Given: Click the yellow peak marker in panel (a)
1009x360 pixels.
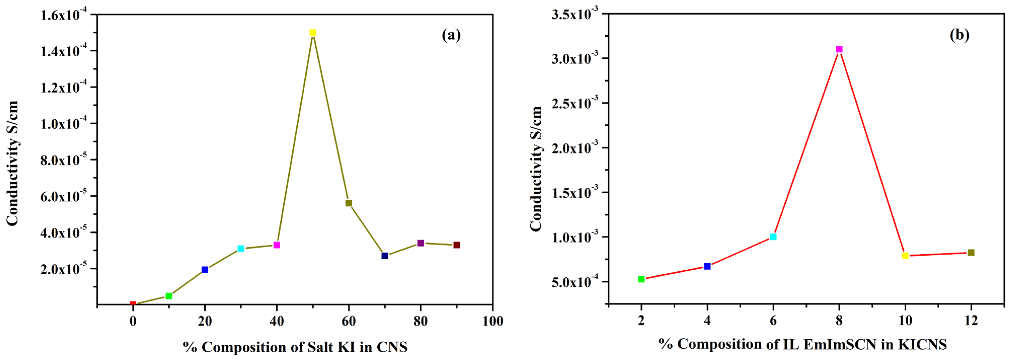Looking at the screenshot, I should pyautogui.click(x=313, y=32).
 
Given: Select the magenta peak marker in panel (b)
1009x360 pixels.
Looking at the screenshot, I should pyautogui.click(x=839, y=49).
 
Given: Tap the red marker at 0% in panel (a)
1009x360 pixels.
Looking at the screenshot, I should pyautogui.click(x=133, y=304).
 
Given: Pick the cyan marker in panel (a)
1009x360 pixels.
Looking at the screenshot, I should pyautogui.click(x=241, y=249).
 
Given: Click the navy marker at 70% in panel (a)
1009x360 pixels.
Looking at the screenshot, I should pyautogui.click(x=385, y=256).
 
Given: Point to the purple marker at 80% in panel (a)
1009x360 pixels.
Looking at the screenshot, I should pyautogui.click(x=421, y=243).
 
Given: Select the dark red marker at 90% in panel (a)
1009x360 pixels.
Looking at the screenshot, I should pyautogui.click(x=456, y=245).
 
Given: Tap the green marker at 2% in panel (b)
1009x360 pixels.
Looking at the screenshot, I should pyautogui.click(x=641, y=279).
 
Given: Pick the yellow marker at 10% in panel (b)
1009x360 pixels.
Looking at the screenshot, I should pyautogui.click(x=905, y=256).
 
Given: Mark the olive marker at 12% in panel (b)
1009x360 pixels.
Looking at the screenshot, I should pyautogui.click(x=971, y=253).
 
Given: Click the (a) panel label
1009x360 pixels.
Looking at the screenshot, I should pyautogui.click(x=451, y=35).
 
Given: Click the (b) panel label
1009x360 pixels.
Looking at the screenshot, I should pyautogui.click(x=959, y=35).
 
